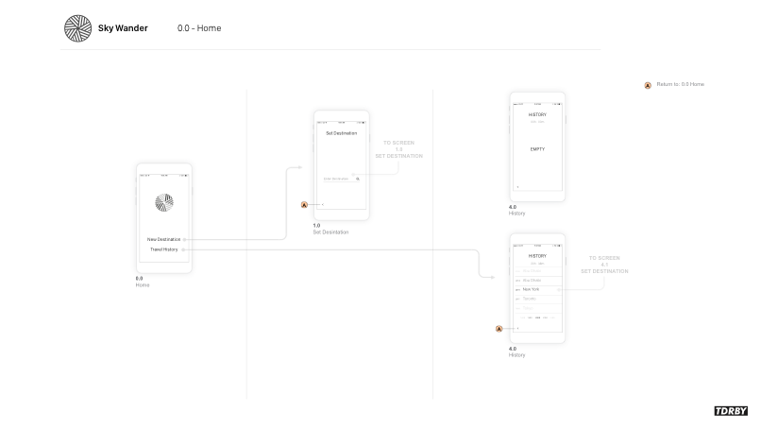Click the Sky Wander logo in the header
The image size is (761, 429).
pyautogui.click(x=77, y=28)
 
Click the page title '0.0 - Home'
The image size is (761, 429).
pyautogui.click(x=199, y=28)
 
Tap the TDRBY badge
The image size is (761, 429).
pyautogui.click(x=731, y=411)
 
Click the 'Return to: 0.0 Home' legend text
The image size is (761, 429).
pyautogui.click(x=681, y=85)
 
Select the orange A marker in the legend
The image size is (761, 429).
pyautogui.click(x=648, y=85)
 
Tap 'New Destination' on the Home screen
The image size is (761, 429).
pyautogui.click(x=163, y=240)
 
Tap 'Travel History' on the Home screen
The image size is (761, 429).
pyautogui.click(x=163, y=249)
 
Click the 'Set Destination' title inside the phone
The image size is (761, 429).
pyautogui.click(x=341, y=133)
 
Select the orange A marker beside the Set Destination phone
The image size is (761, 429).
pyautogui.click(x=304, y=204)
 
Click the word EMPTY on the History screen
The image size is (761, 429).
pyautogui.click(x=537, y=149)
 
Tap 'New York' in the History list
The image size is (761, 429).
pyautogui.click(x=532, y=289)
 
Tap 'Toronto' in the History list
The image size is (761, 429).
pyautogui.click(x=530, y=299)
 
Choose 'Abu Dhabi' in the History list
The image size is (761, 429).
pyautogui.click(x=532, y=281)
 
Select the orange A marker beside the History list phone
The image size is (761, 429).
pyautogui.click(x=499, y=329)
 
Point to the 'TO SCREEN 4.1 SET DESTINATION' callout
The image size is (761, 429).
pyautogui.click(x=604, y=265)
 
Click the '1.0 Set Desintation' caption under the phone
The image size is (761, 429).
pyautogui.click(x=330, y=229)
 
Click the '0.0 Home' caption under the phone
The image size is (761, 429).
pyautogui.click(x=143, y=282)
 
